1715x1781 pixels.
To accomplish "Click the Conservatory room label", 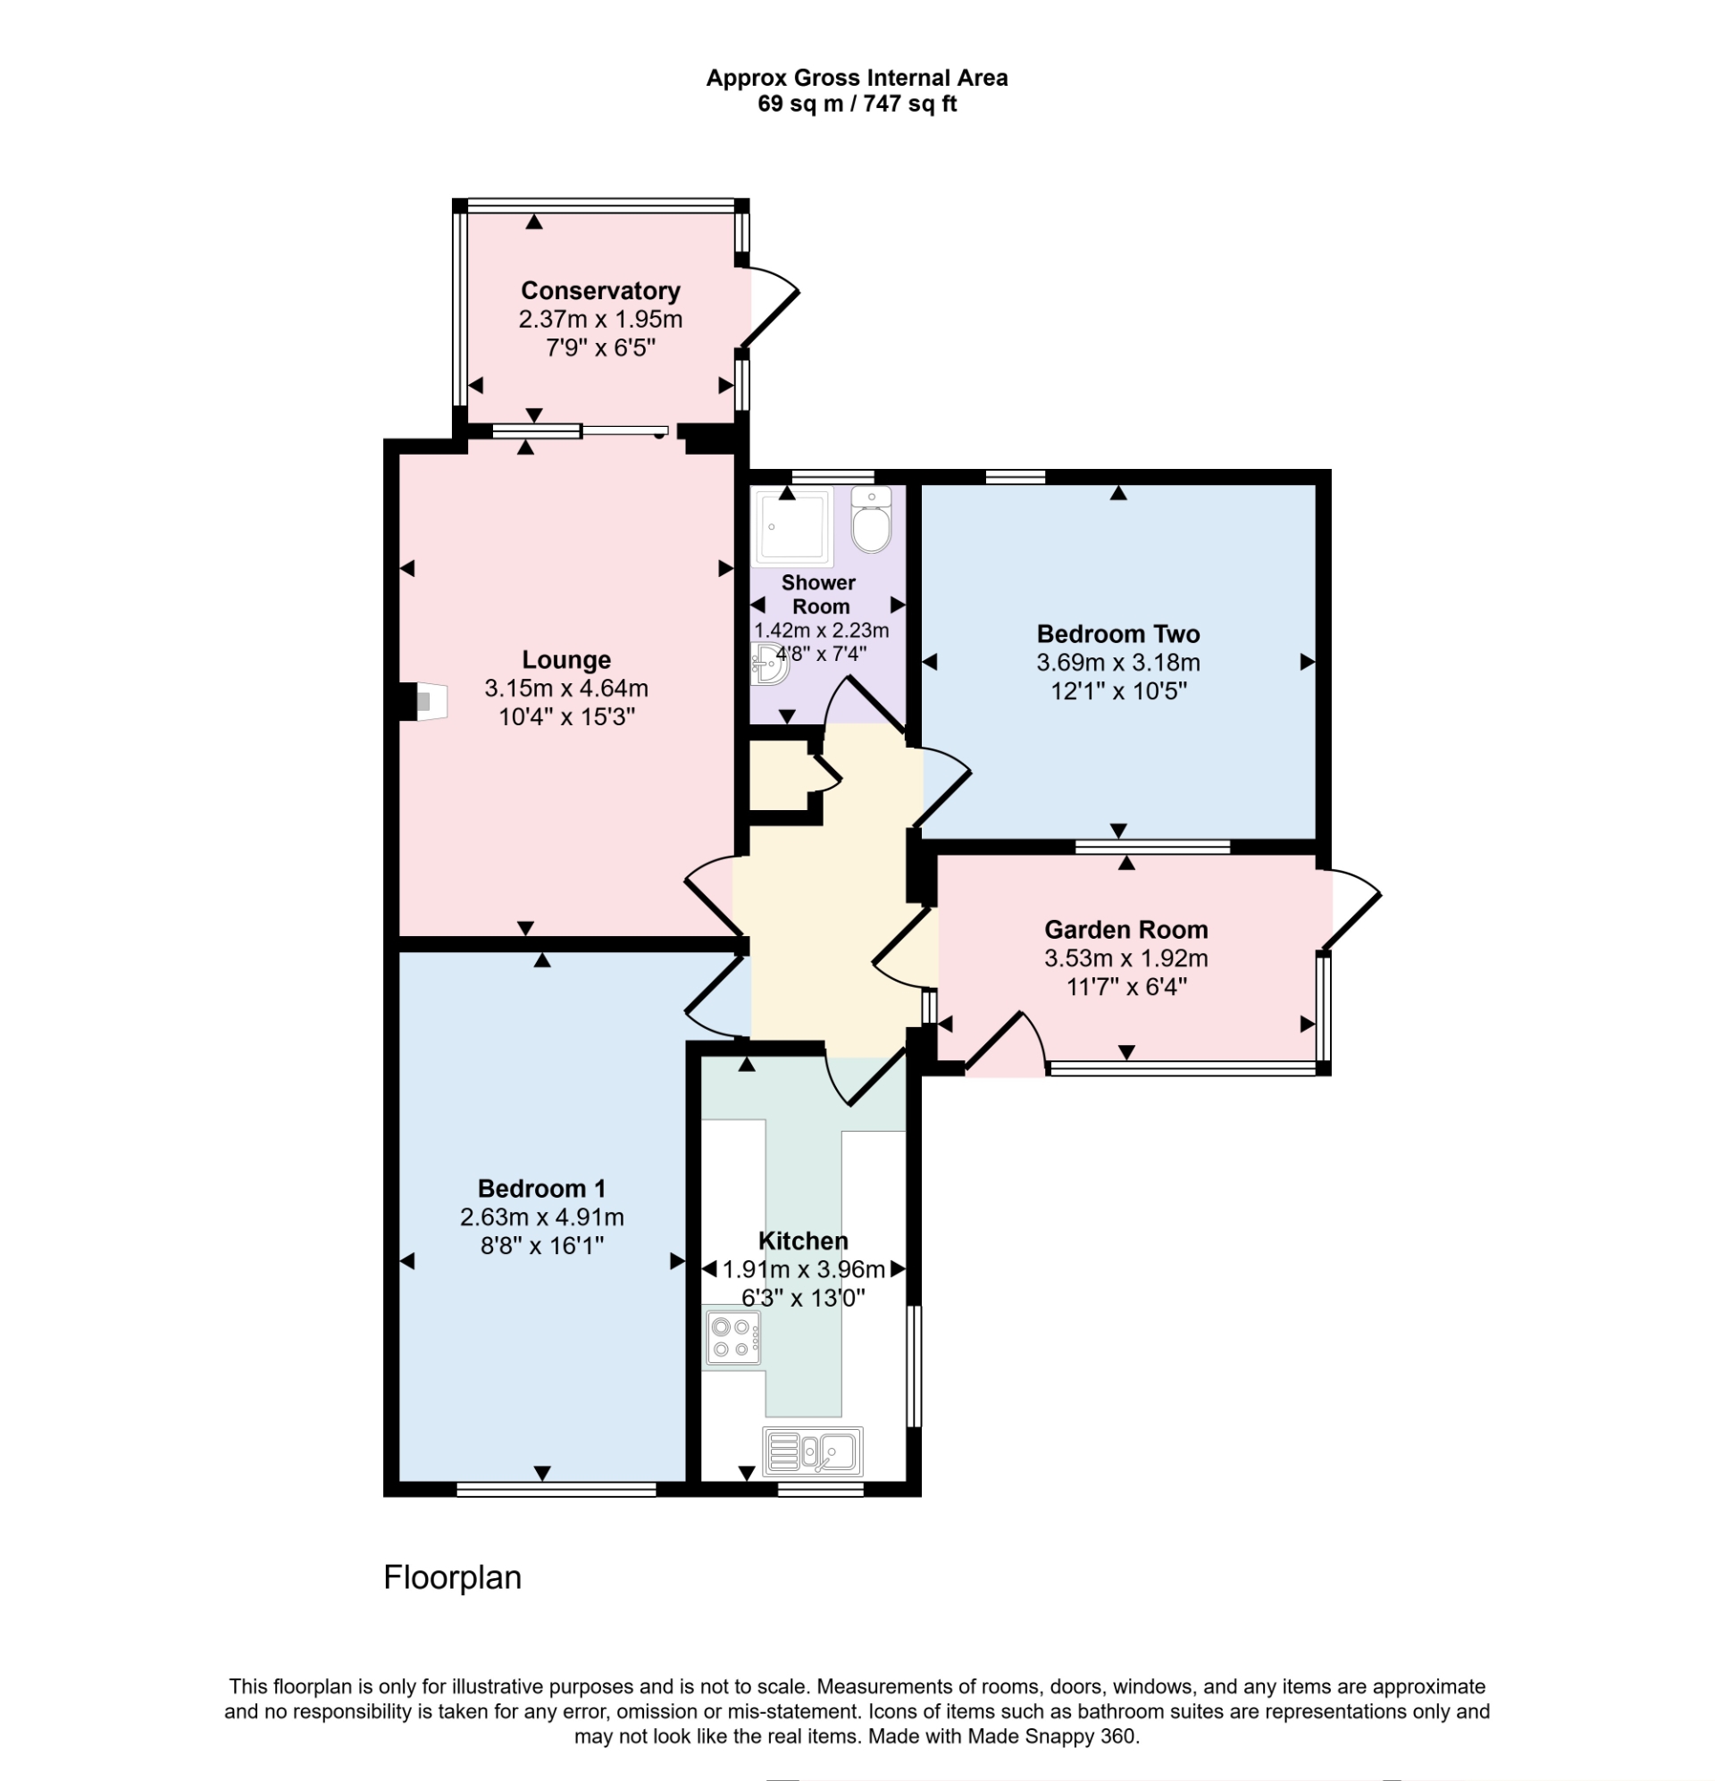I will click(x=600, y=291).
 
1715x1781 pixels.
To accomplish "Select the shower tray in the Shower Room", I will click(x=791, y=527).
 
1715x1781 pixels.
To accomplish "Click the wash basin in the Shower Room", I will click(x=769, y=663).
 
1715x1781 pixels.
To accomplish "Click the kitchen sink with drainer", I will click(x=812, y=1451).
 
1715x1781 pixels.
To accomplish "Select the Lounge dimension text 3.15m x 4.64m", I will click(x=565, y=688).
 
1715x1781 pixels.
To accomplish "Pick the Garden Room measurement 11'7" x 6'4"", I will click(x=1125, y=986).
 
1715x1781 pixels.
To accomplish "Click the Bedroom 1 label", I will click(x=540, y=1188).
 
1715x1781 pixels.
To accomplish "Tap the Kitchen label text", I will click(x=802, y=1241).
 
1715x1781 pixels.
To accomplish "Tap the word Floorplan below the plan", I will click(x=452, y=1577).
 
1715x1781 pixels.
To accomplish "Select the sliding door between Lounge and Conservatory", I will click(x=581, y=431).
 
